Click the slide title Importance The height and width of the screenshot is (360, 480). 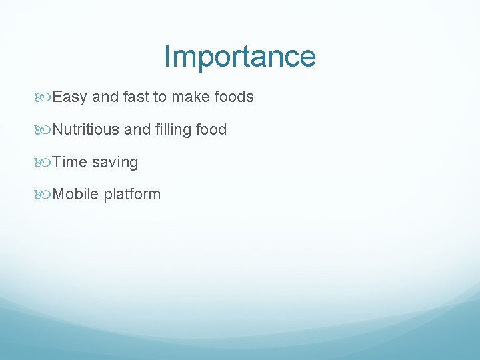[239, 57]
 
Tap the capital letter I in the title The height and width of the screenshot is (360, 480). [167, 56]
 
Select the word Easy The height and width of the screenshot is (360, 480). [69, 97]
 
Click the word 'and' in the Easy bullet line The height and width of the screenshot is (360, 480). [105, 97]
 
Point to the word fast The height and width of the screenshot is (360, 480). [136, 97]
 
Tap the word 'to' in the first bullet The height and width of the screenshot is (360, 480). [160, 97]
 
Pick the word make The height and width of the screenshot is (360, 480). [191, 97]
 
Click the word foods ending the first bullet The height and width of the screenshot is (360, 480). [234, 97]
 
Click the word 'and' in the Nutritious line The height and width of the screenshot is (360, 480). [137, 129]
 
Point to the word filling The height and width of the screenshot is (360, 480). [173, 129]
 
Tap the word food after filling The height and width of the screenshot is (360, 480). [211, 129]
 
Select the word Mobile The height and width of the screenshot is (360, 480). [75, 194]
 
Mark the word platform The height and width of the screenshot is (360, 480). [132, 195]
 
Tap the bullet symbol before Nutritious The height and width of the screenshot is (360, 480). [44, 130]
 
